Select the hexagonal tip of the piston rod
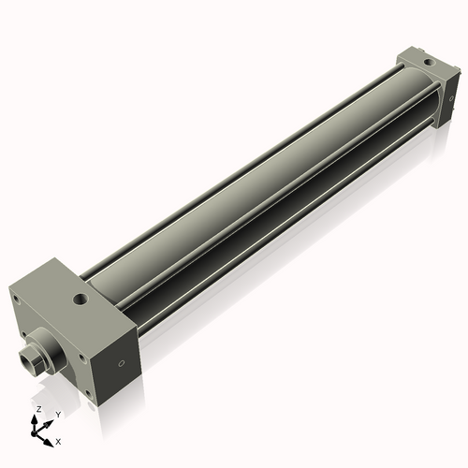coord(30,358)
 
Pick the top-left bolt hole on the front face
coord(16,300)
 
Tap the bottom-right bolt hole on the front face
coord(76,381)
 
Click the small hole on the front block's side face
coord(121,364)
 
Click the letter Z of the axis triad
coord(37,410)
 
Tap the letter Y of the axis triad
coord(57,414)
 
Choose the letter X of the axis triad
coord(59,440)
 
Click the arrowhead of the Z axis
coord(37,418)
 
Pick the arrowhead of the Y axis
coord(48,421)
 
